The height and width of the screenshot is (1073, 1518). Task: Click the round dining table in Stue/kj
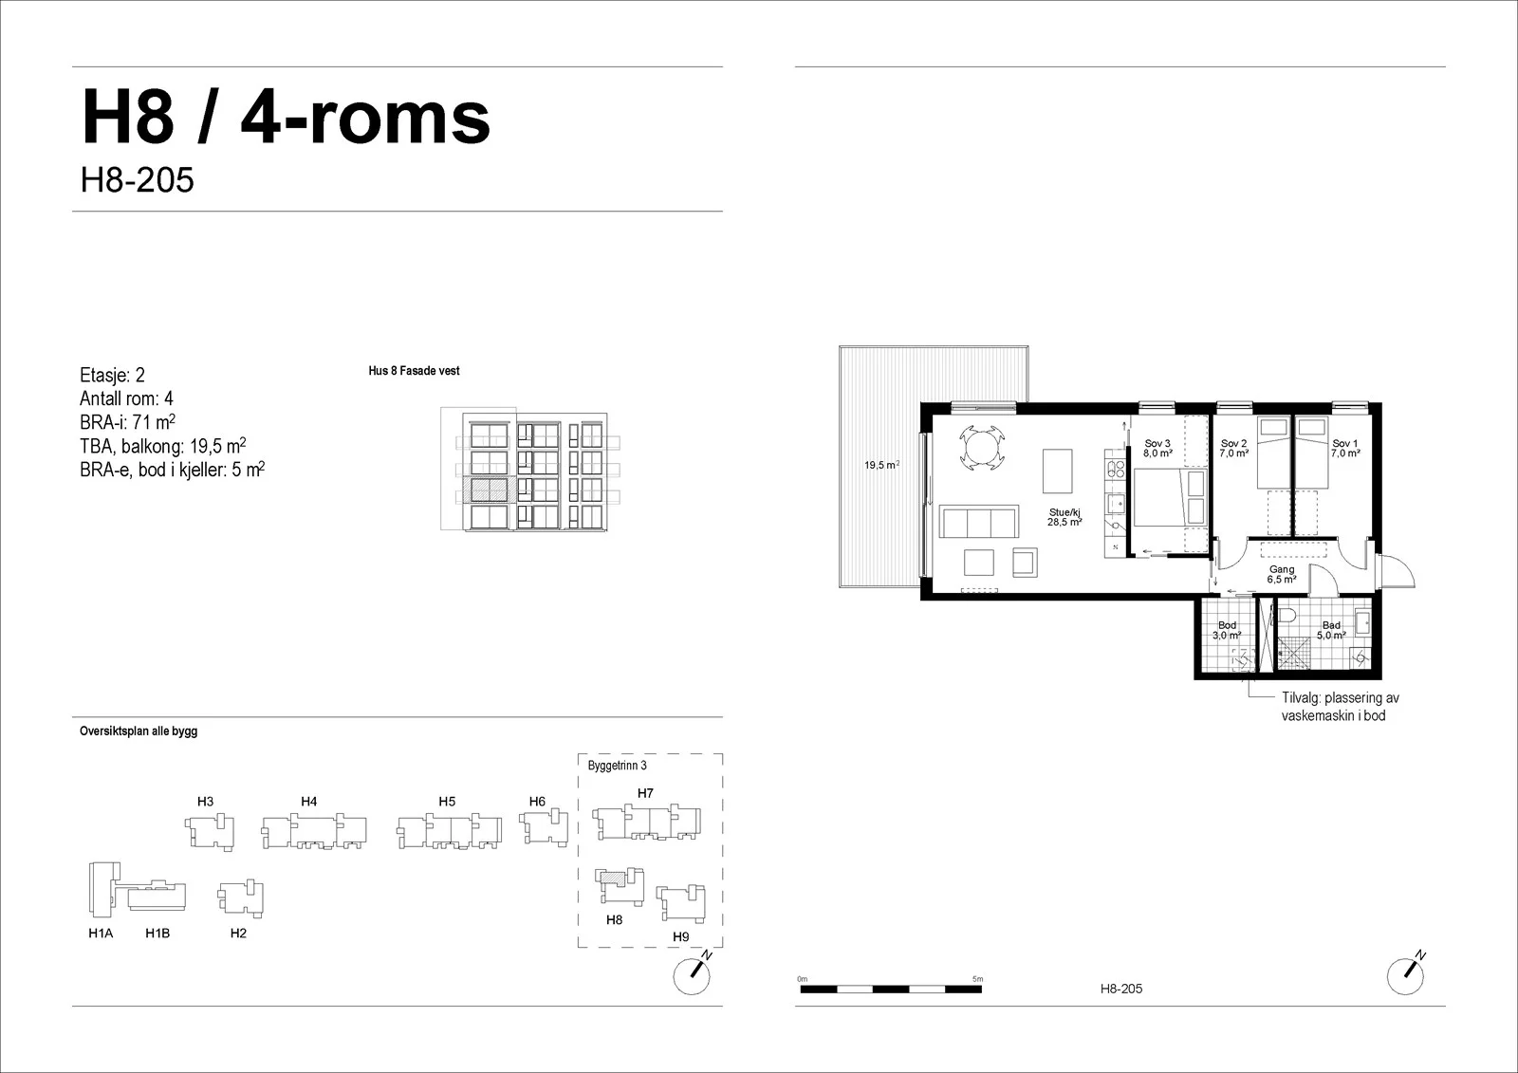click(981, 447)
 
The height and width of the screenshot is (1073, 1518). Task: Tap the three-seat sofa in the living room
click(978, 522)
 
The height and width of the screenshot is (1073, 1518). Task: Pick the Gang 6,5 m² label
click(1282, 575)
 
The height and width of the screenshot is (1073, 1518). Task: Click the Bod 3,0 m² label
click(1227, 630)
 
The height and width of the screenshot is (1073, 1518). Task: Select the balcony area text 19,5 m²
click(881, 465)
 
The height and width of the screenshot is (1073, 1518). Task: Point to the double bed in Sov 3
click(1171, 497)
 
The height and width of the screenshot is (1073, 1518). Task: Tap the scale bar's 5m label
click(977, 979)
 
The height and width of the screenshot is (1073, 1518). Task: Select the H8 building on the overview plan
click(620, 885)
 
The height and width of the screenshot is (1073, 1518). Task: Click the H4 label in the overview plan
click(309, 801)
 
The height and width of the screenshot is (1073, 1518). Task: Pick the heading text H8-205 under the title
click(137, 180)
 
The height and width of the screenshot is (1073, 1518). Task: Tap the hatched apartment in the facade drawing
click(489, 490)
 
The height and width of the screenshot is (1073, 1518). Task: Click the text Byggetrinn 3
click(618, 766)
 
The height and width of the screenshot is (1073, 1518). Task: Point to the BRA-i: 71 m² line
click(127, 421)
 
